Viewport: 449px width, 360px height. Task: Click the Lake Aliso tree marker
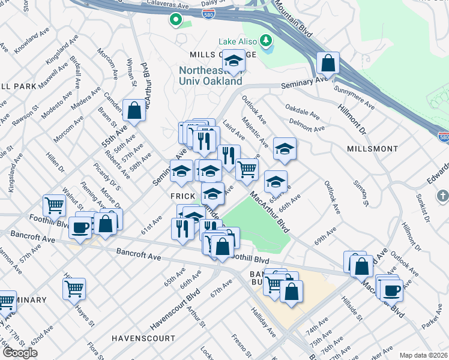click(266, 41)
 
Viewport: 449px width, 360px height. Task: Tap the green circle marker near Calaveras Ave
click(175, 20)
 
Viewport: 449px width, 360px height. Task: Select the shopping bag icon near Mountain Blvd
click(328, 62)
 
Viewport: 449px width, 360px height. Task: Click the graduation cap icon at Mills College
click(234, 61)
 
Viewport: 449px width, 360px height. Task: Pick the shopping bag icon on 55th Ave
click(134, 110)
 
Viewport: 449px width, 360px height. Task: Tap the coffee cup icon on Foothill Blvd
click(80, 227)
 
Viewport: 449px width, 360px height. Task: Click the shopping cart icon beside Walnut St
click(55, 206)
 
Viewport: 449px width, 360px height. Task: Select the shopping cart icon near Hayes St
click(74, 289)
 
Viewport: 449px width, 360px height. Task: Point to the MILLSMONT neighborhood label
click(372, 148)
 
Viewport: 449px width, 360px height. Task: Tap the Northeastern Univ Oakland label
click(211, 76)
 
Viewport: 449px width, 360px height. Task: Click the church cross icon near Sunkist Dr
click(442, 196)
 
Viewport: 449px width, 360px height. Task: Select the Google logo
click(20, 353)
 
